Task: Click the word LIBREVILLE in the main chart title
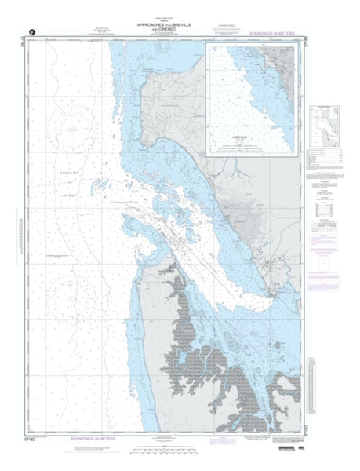[x=180, y=26]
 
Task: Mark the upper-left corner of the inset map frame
[x=206, y=44]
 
